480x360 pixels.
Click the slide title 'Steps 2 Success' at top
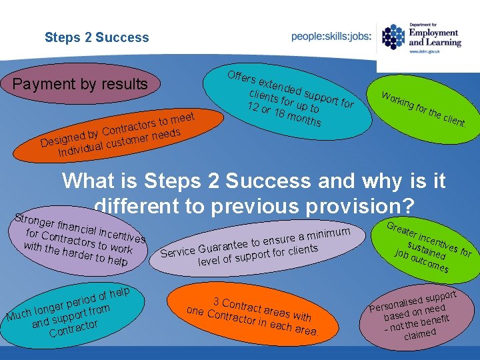click(x=97, y=37)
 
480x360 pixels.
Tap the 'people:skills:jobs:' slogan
click(x=331, y=37)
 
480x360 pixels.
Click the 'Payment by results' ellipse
click(x=81, y=84)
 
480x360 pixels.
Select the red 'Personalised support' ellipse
click(x=417, y=314)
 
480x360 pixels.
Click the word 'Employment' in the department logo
click(x=433, y=33)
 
